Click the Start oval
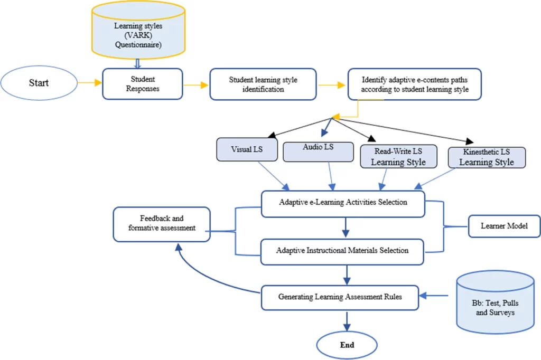39,83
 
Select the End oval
347,345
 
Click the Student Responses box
142,83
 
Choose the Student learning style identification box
263,84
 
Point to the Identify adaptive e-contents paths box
414,84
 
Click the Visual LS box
247,149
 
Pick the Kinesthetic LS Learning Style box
486,157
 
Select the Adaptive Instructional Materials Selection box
343,251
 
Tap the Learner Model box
504,226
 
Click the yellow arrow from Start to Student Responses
89,83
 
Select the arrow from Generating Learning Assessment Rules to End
347,322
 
